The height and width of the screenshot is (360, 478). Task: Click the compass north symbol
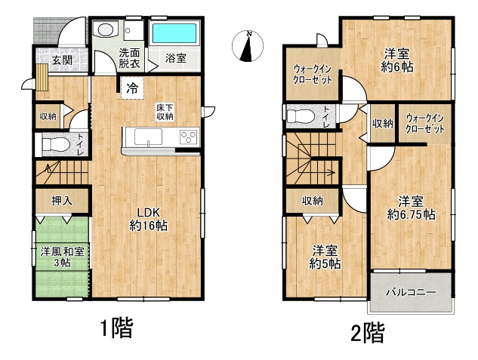click(x=247, y=46)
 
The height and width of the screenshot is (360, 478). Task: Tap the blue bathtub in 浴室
click(x=174, y=33)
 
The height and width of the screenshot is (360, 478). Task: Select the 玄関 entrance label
click(x=62, y=60)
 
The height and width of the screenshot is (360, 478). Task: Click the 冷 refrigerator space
click(x=132, y=88)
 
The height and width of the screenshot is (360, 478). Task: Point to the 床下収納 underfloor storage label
click(x=165, y=112)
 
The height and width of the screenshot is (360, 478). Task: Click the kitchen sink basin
click(x=149, y=137)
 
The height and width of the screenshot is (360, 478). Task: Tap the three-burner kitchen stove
click(x=189, y=137)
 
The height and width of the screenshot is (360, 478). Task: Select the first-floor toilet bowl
click(x=55, y=144)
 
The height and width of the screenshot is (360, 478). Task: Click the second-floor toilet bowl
click(x=301, y=116)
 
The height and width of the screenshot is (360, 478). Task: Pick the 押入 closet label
click(x=62, y=201)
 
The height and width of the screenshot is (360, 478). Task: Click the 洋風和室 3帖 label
click(x=62, y=257)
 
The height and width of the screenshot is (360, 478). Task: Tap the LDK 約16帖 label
click(x=148, y=220)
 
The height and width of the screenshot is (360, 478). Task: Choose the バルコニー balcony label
click(x=412, y=293)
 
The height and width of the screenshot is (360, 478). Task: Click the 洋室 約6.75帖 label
click(x=411, y=208)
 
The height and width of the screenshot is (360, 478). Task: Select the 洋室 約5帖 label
click(x=325, y=257)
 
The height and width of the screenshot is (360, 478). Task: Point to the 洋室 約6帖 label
click(x=397, y=60)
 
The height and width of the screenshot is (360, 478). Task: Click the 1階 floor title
click(x=117, y=328)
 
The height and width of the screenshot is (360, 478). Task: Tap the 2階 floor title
click(x=368, y=332)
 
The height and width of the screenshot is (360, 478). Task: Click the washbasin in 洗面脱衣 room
click(x=106, y=29)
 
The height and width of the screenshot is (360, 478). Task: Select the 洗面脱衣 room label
click(x=129, y=58)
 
